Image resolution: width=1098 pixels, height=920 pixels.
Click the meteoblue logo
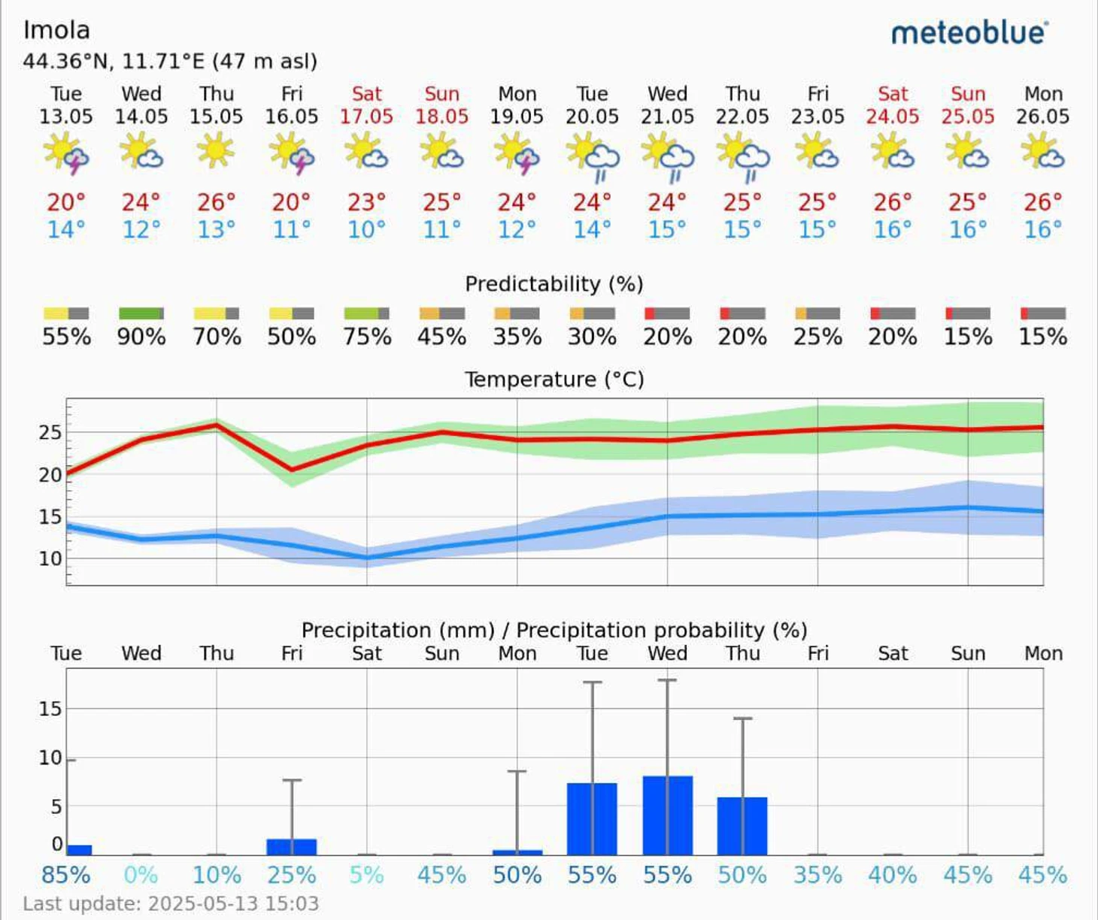969,33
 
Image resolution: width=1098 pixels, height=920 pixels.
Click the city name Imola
56,30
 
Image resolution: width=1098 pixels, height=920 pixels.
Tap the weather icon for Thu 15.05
216,150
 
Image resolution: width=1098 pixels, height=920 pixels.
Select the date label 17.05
366,117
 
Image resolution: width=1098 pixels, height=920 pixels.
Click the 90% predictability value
141,336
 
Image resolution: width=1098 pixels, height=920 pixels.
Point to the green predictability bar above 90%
141,313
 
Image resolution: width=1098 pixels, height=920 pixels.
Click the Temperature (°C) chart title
554,379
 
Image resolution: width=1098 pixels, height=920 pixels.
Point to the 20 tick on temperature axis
50,475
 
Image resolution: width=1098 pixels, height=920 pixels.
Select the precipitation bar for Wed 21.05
667,816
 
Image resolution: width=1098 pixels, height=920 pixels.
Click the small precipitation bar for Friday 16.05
292,847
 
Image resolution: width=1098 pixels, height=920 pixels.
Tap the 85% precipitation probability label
66,875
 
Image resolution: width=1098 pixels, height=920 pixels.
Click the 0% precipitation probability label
141,875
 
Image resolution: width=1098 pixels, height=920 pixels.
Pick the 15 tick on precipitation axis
50,709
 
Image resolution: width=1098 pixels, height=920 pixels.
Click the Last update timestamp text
171,903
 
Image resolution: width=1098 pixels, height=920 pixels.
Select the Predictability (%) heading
554,284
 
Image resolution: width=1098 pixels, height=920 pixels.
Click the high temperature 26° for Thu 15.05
216,202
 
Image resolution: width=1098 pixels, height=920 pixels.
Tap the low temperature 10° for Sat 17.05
366,229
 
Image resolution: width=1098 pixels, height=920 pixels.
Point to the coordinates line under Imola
170,61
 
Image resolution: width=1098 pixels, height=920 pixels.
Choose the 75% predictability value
366,336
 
